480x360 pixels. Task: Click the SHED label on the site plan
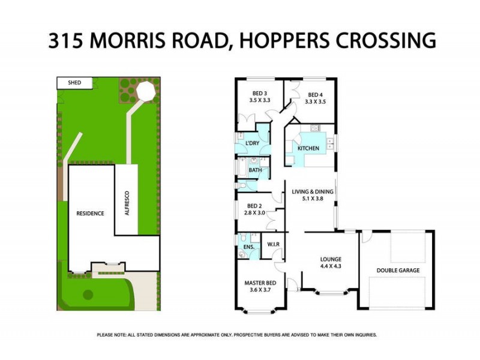tap(74, 82)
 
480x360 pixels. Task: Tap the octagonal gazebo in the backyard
tap(146, 91)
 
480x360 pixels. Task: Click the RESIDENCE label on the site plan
tap(90, 213)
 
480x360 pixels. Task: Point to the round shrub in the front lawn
tap(88, 295)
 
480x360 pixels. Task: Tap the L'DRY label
tap(252, 143)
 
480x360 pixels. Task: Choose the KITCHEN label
tap(309, 148)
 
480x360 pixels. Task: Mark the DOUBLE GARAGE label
tap(398, 271)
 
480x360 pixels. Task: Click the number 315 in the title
tap(68, 40)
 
